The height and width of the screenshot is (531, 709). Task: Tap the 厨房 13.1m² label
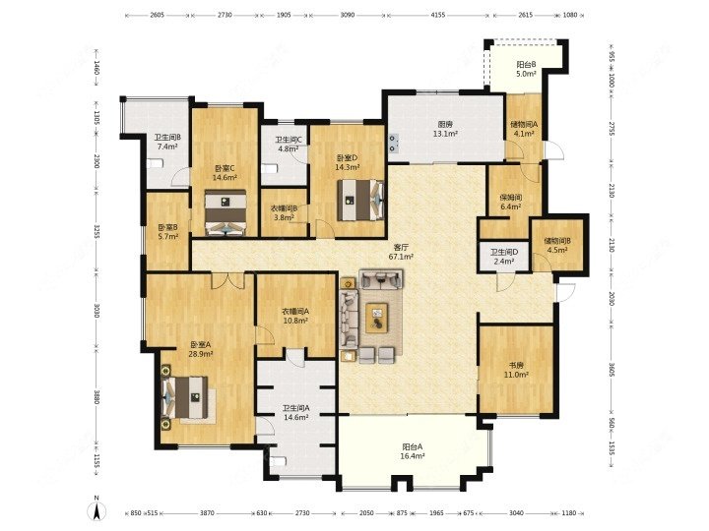[x=445, y=130]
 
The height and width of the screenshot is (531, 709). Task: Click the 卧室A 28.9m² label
[x=200, y=350]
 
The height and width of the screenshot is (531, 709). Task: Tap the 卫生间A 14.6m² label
[x=295, y=413]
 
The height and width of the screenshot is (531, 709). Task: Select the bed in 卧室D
[x=356, y=203]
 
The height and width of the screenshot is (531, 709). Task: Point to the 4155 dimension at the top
[x=438, y=17]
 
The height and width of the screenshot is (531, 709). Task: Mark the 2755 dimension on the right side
[x=611, y=130]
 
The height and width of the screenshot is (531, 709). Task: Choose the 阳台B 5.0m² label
[x=527, y=69]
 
